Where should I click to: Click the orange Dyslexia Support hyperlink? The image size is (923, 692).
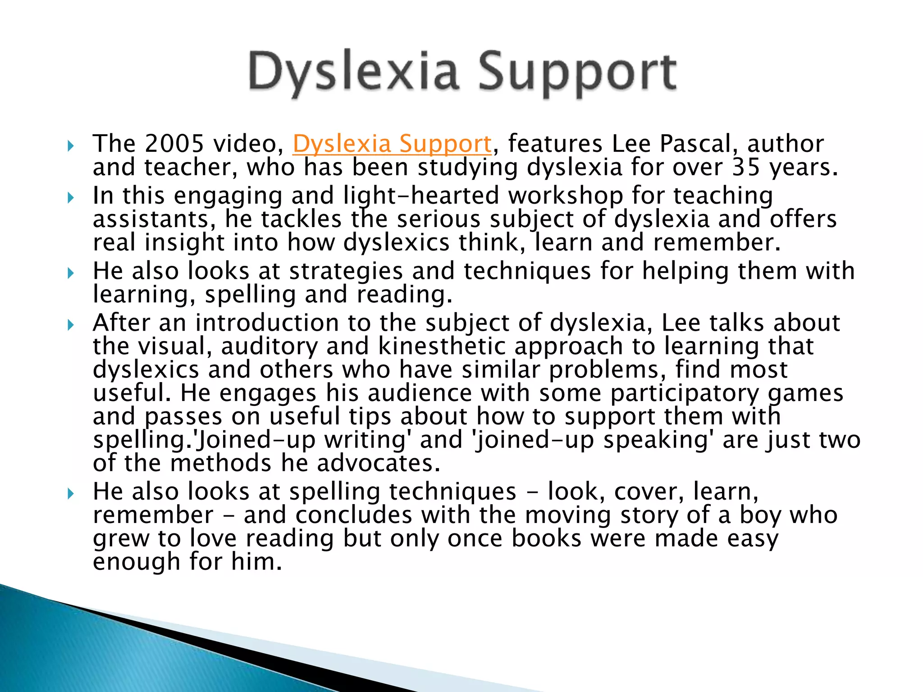[392, 144]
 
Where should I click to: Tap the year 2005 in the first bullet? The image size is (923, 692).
[174, 144]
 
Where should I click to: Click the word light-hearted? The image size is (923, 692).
[421, 196]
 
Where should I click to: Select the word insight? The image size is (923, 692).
[184, 243]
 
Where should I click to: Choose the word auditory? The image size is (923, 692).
[269, 346]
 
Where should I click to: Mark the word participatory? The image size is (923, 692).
[685, 393]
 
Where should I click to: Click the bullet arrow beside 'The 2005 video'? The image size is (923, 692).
[70, 146]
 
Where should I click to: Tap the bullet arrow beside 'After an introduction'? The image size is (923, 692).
[70, 324]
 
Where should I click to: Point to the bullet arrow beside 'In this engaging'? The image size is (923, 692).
[70, 197]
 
